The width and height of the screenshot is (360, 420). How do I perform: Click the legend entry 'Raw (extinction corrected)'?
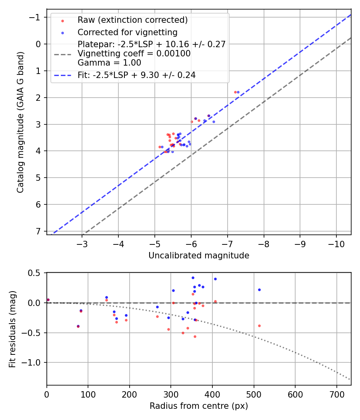132,20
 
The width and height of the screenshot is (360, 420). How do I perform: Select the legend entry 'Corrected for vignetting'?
128,32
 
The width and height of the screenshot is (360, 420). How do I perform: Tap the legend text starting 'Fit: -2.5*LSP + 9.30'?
136,75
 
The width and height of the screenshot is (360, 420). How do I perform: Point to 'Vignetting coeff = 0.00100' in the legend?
134,53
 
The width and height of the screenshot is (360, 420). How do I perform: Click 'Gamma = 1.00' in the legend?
109,62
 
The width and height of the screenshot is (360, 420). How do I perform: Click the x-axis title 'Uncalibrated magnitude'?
199,256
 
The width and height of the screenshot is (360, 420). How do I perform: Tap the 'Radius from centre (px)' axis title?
199,406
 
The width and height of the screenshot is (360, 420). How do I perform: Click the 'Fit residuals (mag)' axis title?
12,329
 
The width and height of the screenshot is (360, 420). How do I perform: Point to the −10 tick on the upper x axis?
336,243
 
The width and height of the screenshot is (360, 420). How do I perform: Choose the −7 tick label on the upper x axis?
227,243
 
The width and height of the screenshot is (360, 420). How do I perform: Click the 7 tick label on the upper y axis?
38,231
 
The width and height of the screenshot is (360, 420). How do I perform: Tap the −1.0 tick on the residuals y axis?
32,362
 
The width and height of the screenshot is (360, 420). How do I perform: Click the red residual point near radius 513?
259,326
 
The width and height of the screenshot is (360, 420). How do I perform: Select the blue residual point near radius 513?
259,290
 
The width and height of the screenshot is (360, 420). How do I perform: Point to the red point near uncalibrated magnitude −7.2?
235,92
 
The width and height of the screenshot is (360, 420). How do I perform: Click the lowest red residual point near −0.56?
195,336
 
